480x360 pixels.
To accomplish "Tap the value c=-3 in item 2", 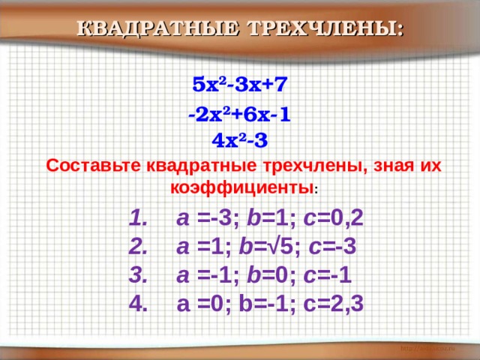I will tap(334, 247).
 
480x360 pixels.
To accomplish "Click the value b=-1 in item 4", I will tap(268, 303).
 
